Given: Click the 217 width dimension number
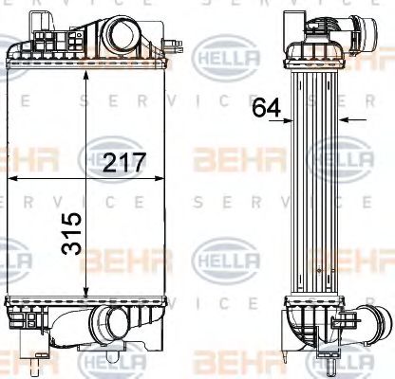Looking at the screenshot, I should pyautogui.click(x=125, y=162).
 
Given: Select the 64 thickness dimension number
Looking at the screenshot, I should pyautogui.click(x=267, y=108).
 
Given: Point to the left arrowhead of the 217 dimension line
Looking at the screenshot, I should pyautogui.click(x=12, y=176).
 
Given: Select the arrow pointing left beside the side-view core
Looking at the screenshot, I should pyautogui.click(x=346, y=119).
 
